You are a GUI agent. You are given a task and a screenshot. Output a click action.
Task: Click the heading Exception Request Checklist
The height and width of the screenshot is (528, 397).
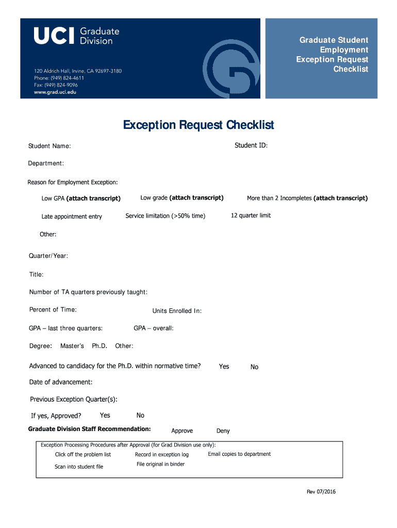[198, 125]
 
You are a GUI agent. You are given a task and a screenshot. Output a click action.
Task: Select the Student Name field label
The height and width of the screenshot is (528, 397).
[49, 146]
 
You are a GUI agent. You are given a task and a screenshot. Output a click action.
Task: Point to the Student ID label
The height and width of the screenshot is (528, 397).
[251, 145]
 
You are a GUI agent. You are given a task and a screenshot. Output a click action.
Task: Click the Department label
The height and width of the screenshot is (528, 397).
[46, 163]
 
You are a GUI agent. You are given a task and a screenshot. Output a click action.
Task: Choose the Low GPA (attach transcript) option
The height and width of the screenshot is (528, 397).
[81, 199]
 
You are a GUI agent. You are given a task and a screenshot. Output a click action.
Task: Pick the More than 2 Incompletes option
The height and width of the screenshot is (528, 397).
[307, 199]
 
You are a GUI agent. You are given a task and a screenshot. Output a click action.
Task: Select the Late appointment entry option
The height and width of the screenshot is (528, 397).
[72, 217]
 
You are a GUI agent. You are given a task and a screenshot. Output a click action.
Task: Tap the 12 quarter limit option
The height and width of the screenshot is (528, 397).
[251, 216]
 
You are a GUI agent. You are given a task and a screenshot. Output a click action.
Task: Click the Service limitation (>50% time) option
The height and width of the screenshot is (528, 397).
[165, 216]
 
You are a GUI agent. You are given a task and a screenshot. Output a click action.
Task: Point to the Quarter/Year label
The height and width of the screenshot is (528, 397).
[48, 256]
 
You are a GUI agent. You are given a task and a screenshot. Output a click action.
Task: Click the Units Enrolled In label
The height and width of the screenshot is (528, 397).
[177, 311]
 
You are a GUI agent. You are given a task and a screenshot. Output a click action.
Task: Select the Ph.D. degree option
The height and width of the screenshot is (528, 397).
[100, 346]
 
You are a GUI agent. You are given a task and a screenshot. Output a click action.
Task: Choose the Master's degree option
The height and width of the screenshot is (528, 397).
[72, 346]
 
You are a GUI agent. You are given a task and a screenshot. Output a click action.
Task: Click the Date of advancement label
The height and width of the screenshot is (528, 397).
[61, 382]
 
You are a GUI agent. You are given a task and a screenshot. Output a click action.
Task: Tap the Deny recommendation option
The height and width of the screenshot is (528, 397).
[223, 431]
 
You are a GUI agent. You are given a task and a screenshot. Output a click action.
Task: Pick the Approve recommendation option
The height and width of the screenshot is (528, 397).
[182, 431]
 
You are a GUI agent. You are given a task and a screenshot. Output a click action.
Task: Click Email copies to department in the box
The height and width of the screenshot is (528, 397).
[239, 454]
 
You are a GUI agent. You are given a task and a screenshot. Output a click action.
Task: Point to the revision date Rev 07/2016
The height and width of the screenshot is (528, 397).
[321, 492]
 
